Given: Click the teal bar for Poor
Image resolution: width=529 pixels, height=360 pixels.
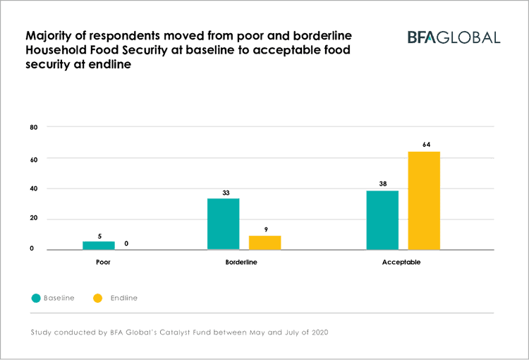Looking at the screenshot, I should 99,245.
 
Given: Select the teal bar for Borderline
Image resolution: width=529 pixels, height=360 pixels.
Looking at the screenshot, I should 223,224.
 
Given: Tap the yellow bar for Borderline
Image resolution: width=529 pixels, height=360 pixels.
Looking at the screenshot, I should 264,242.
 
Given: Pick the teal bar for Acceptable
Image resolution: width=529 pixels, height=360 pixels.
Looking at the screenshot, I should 382,220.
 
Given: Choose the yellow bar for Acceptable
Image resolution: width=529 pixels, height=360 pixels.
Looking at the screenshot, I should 424,200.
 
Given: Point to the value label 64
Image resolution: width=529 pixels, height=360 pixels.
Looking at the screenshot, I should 425,145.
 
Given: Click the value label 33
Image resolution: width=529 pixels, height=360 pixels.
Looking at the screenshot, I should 225,193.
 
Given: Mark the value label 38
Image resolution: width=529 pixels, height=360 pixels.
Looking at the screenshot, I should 382,184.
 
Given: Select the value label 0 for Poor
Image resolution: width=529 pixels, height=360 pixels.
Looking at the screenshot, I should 126,244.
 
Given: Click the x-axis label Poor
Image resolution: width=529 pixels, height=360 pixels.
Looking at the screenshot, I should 103,262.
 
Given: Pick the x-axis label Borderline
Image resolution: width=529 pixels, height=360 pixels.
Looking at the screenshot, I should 241,262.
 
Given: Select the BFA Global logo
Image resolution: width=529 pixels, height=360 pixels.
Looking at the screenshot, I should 454,37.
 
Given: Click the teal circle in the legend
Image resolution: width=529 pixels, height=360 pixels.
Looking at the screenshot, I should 36,298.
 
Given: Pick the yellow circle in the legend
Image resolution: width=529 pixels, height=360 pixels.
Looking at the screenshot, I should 98,298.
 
